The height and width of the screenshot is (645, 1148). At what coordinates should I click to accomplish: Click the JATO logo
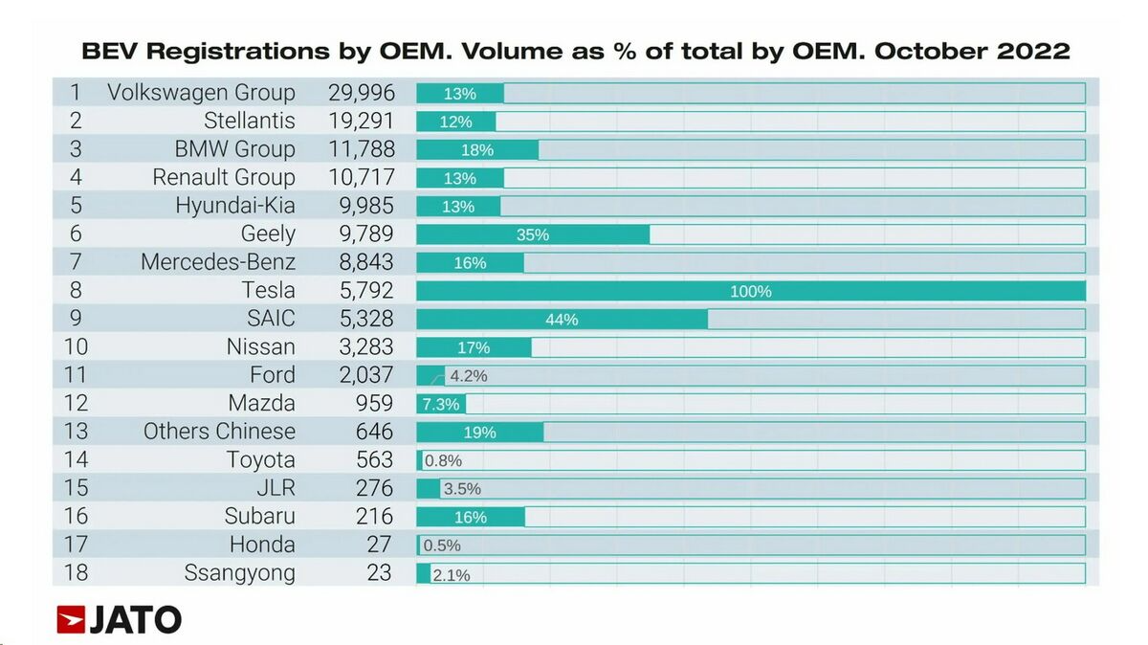(x=119, y=619)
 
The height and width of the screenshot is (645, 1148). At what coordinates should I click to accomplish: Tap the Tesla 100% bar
(x=750, y=291)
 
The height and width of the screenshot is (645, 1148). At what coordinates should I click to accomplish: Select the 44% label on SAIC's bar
(x=562, y=320)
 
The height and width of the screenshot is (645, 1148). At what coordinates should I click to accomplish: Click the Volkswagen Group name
(x=201, y=93)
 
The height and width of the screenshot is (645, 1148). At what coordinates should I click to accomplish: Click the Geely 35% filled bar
(x=533, y=234)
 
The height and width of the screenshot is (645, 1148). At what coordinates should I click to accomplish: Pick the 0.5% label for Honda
(x=442, y=545)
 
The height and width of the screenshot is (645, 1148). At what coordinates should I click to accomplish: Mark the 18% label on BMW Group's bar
(x=476, y=150)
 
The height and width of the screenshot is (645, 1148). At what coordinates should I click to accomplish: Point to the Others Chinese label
(x=219, y=432)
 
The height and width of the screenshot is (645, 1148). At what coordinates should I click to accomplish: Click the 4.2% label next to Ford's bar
(x=469, y=376)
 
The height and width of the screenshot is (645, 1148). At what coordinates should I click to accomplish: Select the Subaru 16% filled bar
(x=471, y=517)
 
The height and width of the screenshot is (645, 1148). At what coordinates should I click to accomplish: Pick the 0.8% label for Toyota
(x=443, y=461)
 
